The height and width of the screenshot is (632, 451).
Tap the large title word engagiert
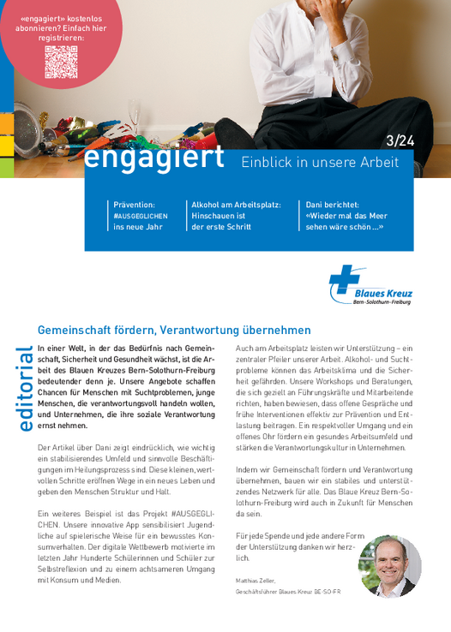click(154, 158)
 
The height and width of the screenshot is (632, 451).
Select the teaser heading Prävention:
click(135, 205)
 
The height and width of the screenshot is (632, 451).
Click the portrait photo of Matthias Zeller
click(390, 565)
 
